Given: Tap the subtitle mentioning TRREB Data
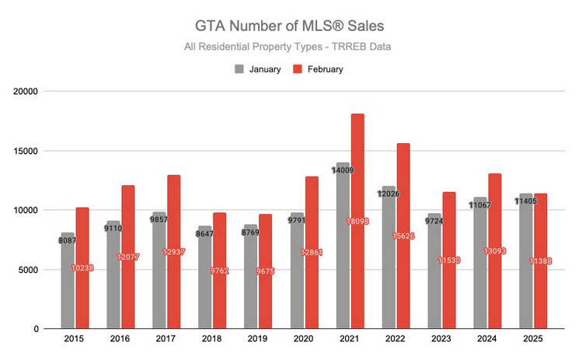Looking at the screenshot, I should coord(287,47).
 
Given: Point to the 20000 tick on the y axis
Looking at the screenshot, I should coord(28,91).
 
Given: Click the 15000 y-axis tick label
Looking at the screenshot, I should coord(28,151).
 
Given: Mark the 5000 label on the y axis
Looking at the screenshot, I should coord(31,270).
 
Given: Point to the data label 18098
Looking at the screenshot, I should coord(357,222).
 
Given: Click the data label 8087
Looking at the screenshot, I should coord(68,241).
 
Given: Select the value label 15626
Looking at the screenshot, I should coord(403,236).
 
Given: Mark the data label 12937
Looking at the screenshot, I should coord(174,251).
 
